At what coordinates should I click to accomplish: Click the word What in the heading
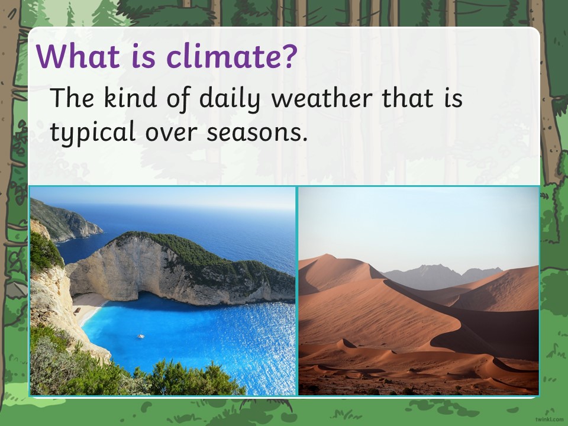point(78,56)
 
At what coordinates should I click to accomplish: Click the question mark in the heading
point(289,56)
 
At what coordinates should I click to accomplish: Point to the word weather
point(322,98)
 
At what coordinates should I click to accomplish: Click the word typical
point(92,132)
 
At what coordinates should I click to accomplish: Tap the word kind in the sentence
point(130,98)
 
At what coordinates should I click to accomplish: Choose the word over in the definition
point(172,133)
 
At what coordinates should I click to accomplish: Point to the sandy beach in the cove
point(88,306)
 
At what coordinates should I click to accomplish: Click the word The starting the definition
point(72,98)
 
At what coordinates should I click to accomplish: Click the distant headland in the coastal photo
point(67,220)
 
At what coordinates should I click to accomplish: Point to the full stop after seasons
point(304,138)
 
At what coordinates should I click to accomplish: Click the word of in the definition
point(178,98)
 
